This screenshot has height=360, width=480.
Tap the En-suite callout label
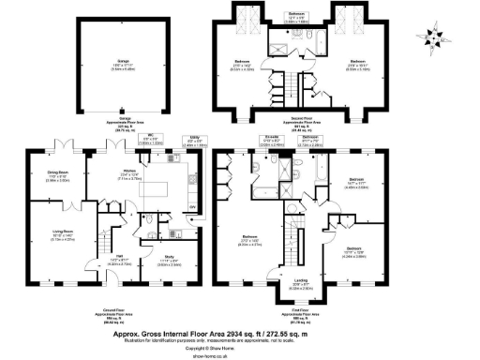point(271,143)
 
